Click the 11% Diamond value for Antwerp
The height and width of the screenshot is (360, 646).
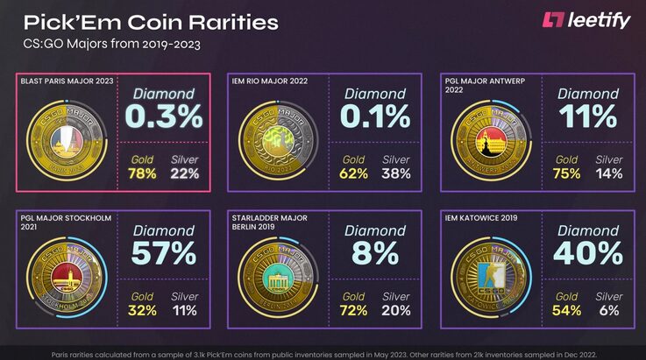588,115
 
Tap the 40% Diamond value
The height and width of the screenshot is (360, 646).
588,253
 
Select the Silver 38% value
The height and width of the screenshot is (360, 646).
396,173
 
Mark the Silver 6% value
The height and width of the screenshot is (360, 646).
609,311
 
